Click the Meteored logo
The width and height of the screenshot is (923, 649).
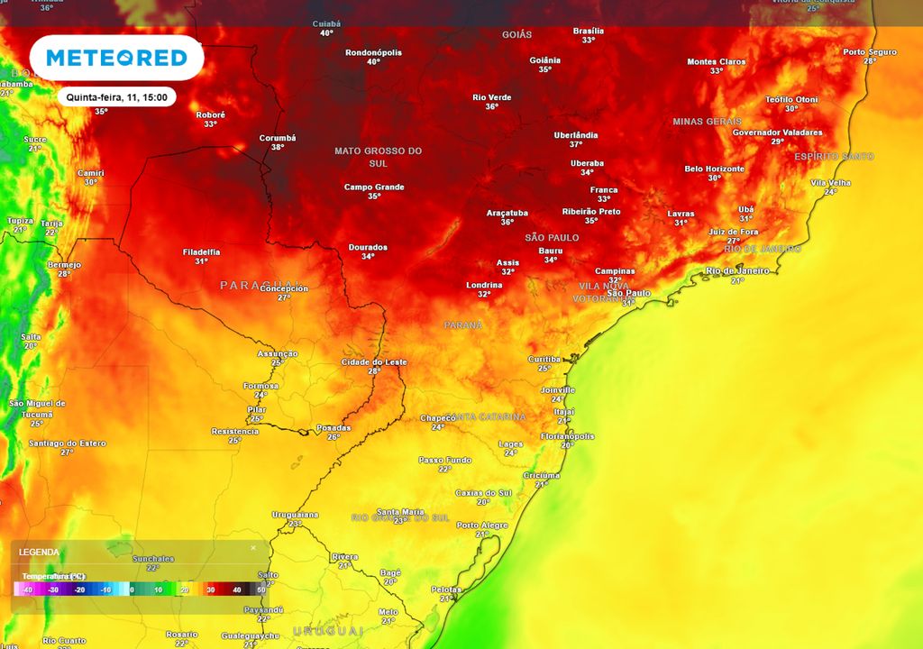[x=116, y=59]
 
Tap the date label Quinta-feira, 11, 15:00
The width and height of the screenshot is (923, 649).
[x=115, y=96]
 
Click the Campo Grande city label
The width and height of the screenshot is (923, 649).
[x=374, y=187]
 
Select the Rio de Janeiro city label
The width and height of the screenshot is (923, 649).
[x=737, y=270]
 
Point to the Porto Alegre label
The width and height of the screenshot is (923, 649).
[x=482, y=525]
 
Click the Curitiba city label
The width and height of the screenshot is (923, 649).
[x=544, y=359]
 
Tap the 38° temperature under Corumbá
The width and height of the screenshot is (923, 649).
[x=278, y=147]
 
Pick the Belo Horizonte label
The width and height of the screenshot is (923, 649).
[x=715, y=169]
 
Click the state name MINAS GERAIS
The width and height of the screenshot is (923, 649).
[x=707, y=121]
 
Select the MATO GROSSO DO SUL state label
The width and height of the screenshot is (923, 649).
[x=378, y=157]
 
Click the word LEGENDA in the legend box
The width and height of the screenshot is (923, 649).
[x=39, y=552]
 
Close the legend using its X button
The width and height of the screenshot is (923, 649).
[x=253, y=548]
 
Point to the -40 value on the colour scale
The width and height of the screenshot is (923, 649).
[x=28, y=590]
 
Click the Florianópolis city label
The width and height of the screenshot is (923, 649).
[x=567, y=436]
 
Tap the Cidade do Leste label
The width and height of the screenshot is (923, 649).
[x=374, y=361]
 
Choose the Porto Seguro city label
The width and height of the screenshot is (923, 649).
[x=870, y=51]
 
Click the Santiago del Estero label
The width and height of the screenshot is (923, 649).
[x=67, y=443]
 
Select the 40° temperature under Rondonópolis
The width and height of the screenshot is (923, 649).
[x=373, y=62]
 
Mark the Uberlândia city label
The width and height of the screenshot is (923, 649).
[x=576, y=135]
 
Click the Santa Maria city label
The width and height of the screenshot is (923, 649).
[x=399, y=511]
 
